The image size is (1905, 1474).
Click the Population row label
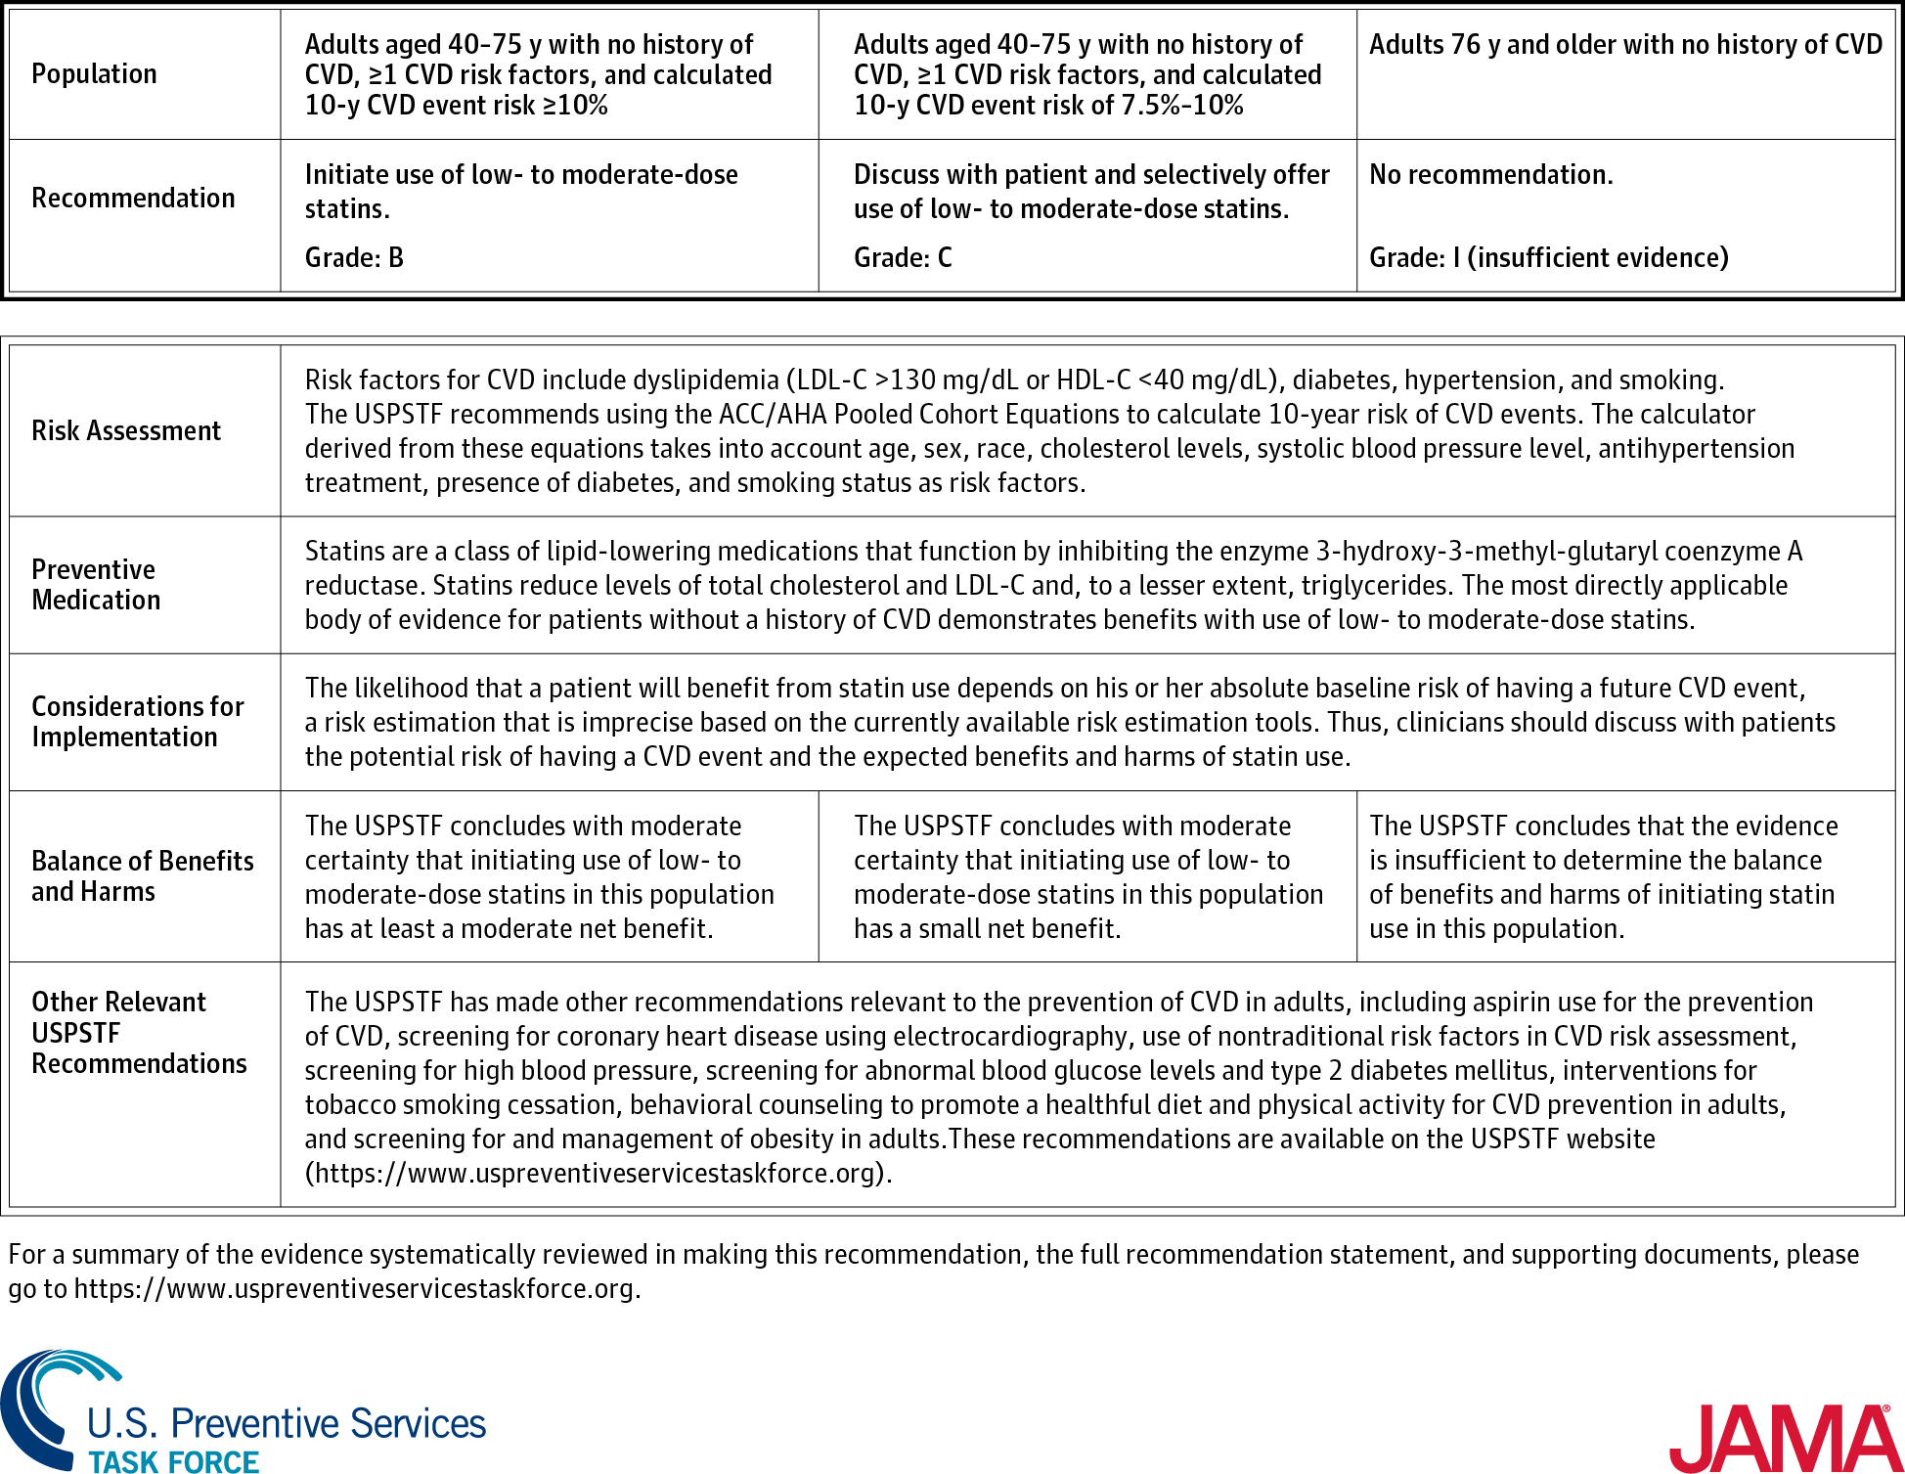(x=94, y=74)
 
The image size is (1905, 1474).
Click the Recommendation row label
(x=133, y=199)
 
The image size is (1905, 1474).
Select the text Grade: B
(x=354, y=258)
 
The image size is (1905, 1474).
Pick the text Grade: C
(x=903, y=258)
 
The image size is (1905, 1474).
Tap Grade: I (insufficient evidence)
(x=1548, y=258)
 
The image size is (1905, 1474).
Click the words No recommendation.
(x=1490, y=175)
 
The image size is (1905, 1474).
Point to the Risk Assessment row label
(x=126, y=431)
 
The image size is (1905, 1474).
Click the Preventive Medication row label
(x=95, y=585)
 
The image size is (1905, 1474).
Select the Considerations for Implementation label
(x=137, y=722)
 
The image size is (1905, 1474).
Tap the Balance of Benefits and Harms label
(x=142, y=876)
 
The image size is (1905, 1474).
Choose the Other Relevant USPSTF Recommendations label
(x=139, y=1033)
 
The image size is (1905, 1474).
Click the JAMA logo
(x=1783, y=1438)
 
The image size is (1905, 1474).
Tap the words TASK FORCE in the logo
(x=174, y=1461)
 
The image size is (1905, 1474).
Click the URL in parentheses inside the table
(x=598, y=1174)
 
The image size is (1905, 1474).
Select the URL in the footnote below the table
(x=356, y=1289)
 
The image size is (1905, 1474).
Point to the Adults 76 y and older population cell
(x=1625, y=45)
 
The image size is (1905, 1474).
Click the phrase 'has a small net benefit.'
(x=987, y=929)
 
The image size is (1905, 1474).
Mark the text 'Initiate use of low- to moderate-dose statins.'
(x=521, y=192)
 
